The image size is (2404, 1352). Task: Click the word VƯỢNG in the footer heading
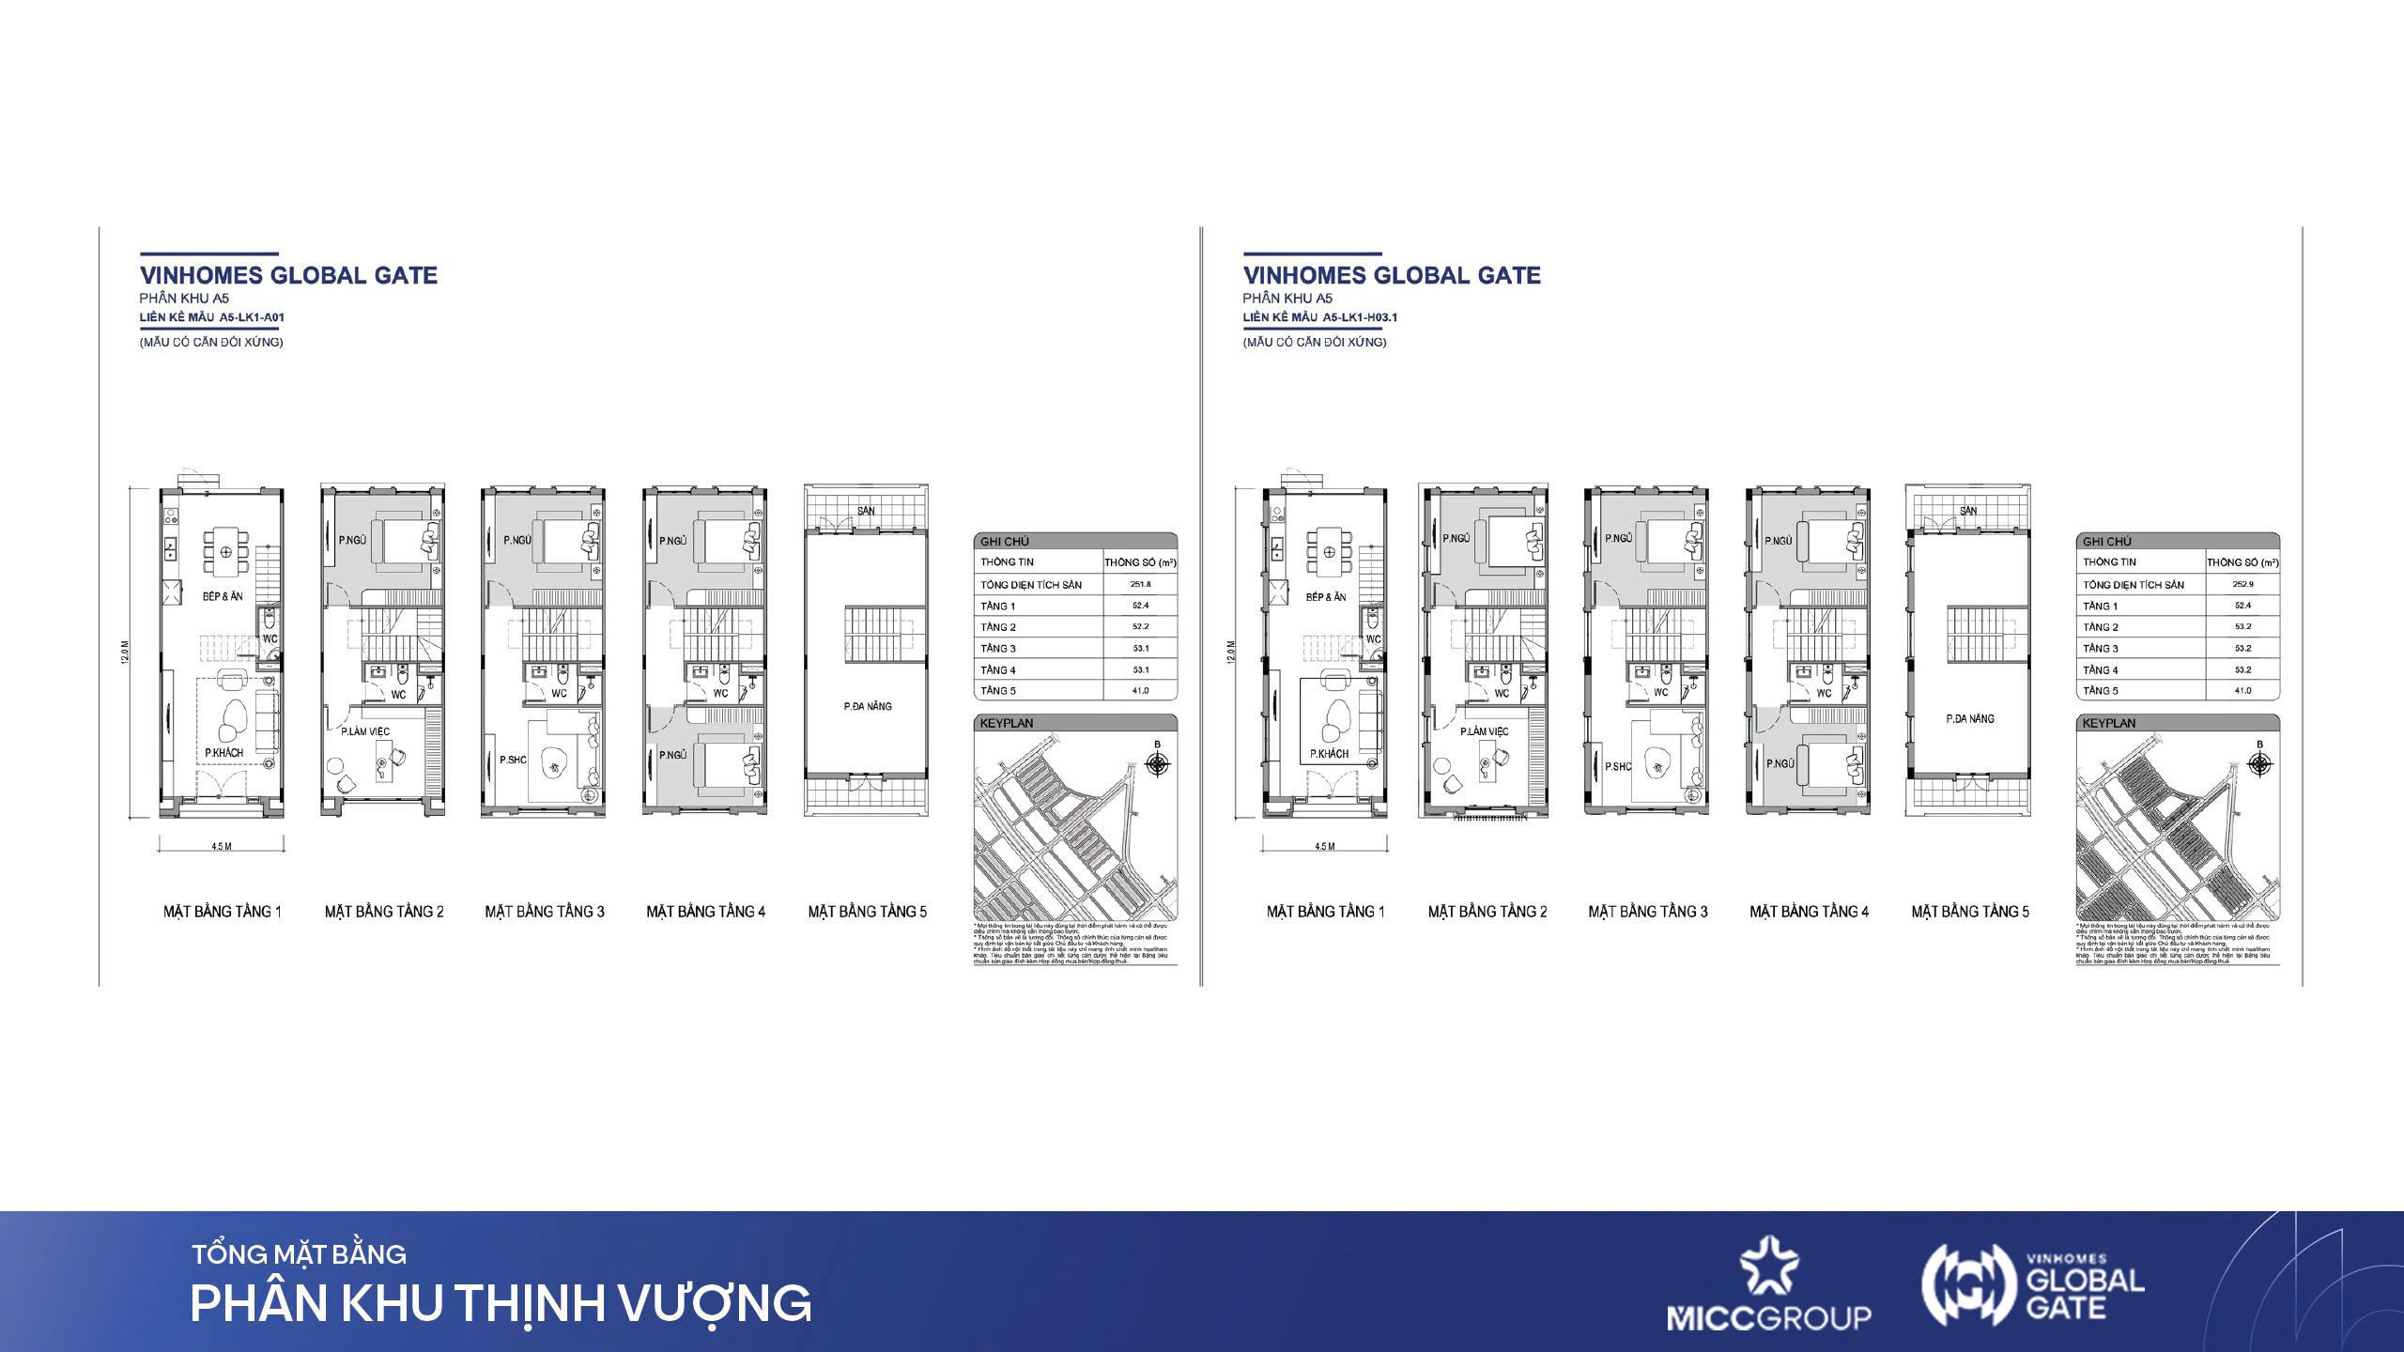(715, 1303)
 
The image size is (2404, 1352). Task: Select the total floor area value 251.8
(1140, 584)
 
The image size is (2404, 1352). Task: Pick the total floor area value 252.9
(2242, 584)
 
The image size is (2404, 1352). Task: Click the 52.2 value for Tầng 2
(1140, 627)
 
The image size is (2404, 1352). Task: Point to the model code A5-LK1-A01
(252, 317)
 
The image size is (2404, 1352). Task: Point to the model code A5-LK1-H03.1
(1360, 317)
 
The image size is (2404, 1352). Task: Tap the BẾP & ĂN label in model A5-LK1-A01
(223, 596)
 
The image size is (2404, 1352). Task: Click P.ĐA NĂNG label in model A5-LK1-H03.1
(1969, 719)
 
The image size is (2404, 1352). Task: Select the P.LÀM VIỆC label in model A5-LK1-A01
(365, 731)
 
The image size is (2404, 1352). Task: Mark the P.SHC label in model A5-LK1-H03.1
(1618, 767)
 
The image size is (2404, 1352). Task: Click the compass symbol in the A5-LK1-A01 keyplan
(1158, 764)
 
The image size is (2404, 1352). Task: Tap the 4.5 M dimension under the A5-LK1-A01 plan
(221, 847)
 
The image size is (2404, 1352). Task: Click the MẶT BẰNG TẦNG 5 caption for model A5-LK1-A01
(867, 912)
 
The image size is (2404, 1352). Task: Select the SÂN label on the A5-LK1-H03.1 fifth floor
(1968, 512)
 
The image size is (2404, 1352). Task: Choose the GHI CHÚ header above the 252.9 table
(2106, 542)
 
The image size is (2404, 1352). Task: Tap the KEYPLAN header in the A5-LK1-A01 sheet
(1006, 724)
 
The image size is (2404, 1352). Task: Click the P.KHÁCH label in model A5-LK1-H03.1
(1329, 754)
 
